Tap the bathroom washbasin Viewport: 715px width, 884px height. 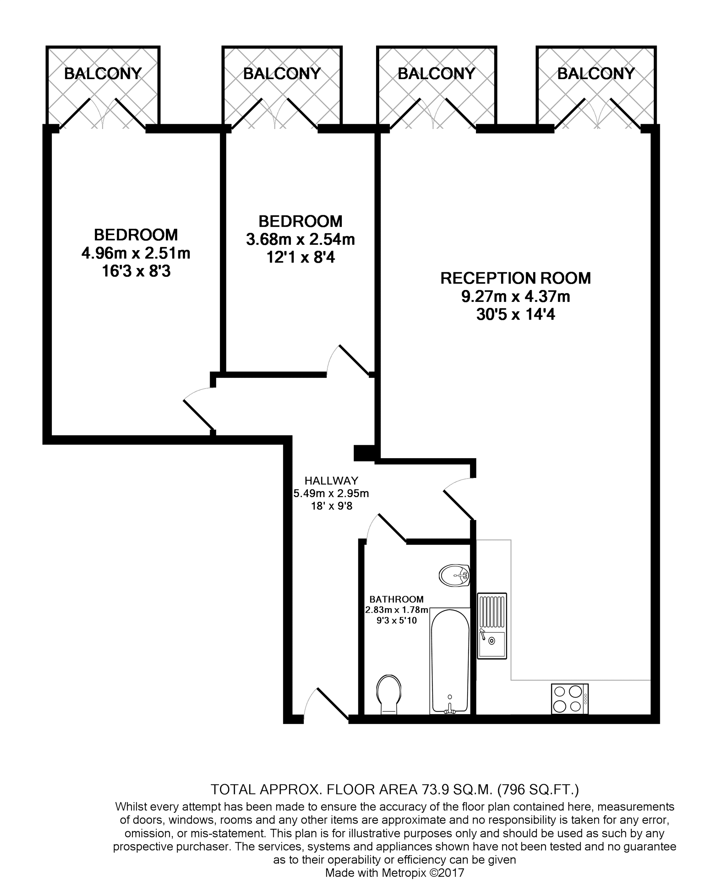click(454, 575)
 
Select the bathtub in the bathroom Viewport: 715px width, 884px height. click(449, 661)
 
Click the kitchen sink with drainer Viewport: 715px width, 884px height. click(492, 625)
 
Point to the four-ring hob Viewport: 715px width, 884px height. click(570, 698)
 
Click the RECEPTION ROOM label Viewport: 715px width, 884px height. click(515, 278)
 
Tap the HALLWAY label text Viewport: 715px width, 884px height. click(331, 480)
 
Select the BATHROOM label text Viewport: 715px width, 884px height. click(396, 600)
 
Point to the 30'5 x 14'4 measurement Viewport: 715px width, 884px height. click(516, 315)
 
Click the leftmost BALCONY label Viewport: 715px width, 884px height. click(102, 74)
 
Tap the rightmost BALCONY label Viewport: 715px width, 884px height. click(596, 74)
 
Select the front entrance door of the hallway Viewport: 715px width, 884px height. click(327, 704)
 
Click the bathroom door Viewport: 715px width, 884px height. click(387, 528)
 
